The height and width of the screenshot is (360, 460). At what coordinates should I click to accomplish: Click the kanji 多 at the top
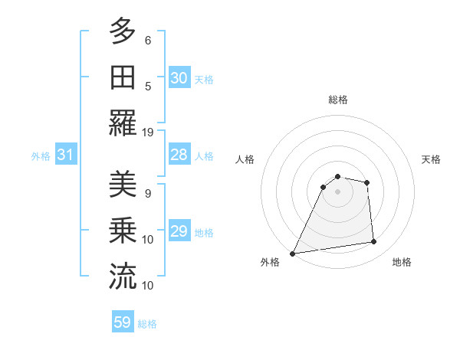[123, 32]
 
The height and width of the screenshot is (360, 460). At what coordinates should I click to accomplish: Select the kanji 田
[123, 78]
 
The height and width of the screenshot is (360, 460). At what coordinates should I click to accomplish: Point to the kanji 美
[123, 185]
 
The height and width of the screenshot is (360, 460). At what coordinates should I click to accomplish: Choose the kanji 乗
[123, 231]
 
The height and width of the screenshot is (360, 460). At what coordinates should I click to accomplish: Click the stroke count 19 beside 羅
[148, 132]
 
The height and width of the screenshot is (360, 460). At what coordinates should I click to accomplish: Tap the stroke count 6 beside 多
[148, 40]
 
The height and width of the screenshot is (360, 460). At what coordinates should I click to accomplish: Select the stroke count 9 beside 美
[148, 193]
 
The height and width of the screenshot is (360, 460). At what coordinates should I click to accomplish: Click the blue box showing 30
[179, 78]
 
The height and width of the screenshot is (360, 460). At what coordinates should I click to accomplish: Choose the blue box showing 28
[179, 155]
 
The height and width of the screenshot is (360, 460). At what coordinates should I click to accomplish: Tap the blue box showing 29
[179, 231]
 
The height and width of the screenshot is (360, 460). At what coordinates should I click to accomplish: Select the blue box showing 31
[65, 155]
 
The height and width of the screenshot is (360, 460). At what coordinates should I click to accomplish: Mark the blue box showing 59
[123, 322]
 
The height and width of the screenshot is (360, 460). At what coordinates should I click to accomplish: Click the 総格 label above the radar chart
[338, 100]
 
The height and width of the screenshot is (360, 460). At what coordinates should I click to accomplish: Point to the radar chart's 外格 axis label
[270, 262]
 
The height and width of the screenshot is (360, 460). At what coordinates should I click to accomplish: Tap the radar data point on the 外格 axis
[292, 253]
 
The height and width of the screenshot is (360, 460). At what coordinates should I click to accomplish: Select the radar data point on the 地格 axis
[374, 242]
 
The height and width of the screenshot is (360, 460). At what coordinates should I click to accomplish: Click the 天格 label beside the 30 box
[204, 79]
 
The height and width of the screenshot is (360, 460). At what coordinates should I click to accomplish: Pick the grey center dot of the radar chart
[338, 191]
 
